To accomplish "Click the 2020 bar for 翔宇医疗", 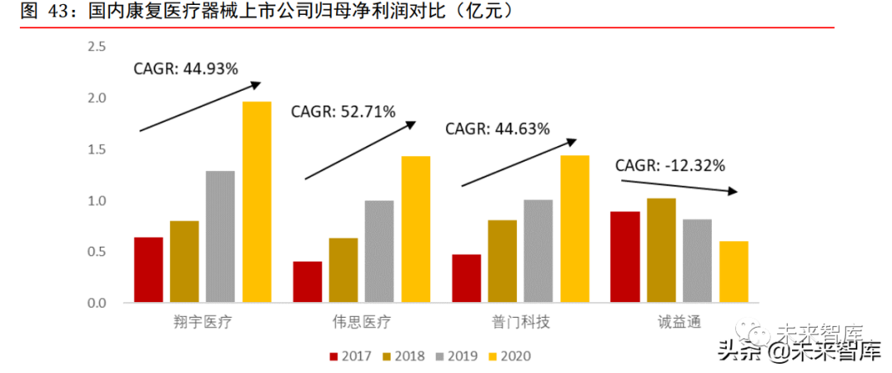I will pos(257,202).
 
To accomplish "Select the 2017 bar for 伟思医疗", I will pos(307,282).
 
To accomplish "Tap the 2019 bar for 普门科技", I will pos(539,251).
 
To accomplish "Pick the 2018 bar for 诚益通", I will pos(662,250).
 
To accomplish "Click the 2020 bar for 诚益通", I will pos(733,271).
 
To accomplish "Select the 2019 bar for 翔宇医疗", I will pos(221,237).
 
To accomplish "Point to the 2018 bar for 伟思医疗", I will pos(344,270).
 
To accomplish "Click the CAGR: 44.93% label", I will pos(186,68).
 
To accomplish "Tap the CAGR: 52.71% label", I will pos(343,111).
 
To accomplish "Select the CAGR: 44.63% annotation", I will pos(497,129).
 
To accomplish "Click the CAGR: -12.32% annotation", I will pos(670,165).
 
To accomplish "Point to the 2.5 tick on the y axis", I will pos(97,47).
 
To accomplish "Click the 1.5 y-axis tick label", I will pos(97,149).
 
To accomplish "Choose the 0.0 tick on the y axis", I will pos(97,303).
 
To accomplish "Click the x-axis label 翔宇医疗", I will pos(203,322).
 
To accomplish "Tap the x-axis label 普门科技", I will pos(520,322).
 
